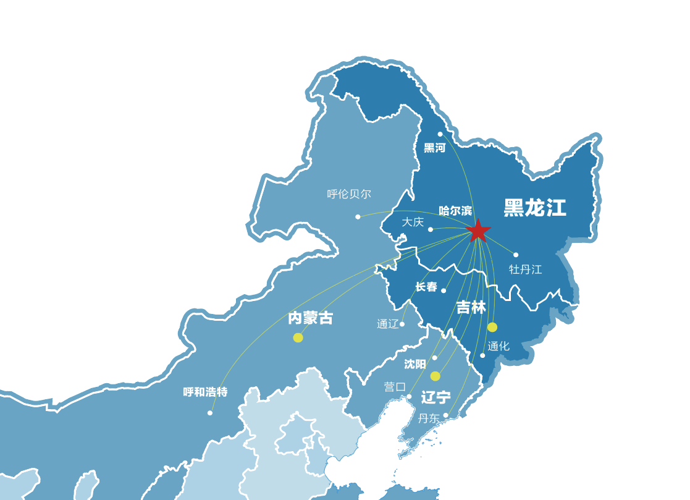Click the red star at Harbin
478,231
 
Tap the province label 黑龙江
534,208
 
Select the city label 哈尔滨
455,211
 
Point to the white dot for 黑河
440,134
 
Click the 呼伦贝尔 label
349,194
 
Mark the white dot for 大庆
431,229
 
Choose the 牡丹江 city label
525,269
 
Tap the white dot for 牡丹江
516,255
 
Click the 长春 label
426,287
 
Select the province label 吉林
471,307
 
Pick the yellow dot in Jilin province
492,327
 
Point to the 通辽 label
387,324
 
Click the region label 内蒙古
310,318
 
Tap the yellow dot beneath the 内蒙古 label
298,337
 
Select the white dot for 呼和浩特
210,413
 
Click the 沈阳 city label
415,365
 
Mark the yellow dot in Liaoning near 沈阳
435,376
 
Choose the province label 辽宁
435,397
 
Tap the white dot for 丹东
445,415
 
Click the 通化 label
498,346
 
